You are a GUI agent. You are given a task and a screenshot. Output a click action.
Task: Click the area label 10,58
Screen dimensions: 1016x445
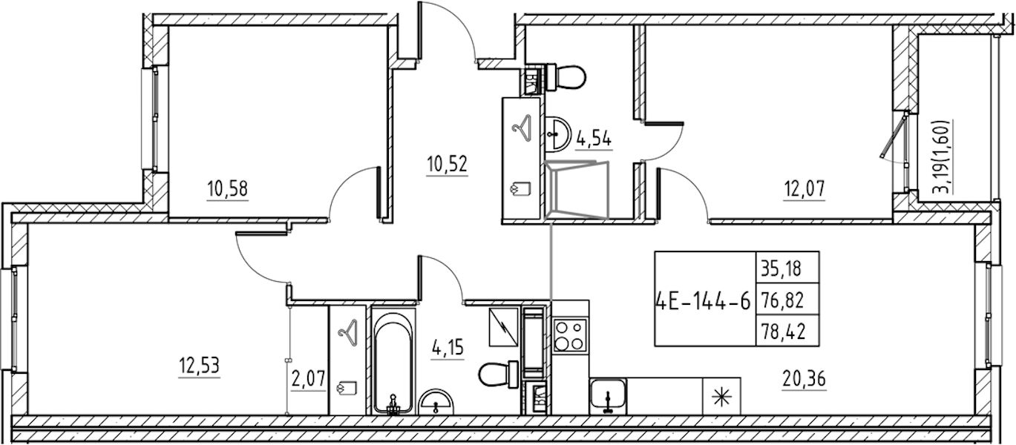(x=228, y=188)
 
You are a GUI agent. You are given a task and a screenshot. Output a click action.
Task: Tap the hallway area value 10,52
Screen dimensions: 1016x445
(x=447, y=164)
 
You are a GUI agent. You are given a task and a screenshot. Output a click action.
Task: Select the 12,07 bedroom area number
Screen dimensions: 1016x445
(x=804, y=188)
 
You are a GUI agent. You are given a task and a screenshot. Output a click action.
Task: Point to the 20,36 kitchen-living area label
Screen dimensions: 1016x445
(x=804, y=379)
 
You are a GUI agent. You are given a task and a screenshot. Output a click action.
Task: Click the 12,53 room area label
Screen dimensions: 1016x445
(x=199, y=366)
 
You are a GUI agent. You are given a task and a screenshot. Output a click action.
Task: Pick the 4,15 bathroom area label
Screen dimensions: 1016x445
(x=448, y=348)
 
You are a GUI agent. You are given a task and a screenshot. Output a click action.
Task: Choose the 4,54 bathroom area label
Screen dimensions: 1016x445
(x=594, y=138)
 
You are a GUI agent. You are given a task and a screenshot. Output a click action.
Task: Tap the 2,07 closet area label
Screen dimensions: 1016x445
(x=309, y=379)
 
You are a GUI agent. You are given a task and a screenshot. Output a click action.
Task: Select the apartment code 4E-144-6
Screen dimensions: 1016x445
(x=704, y=300)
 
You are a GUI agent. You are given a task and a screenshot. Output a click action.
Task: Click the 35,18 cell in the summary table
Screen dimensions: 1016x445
(x=787, y=268)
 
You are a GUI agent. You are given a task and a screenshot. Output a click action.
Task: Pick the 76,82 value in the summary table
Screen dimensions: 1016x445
(x=787, y=300)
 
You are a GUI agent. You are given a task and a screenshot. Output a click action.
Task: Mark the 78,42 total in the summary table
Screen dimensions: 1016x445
(x=787, y=332)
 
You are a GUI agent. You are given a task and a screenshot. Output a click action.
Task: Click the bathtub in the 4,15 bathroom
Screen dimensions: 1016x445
(x=393, y=361)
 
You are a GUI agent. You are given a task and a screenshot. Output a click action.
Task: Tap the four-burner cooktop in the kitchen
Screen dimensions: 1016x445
(x=570, y=335)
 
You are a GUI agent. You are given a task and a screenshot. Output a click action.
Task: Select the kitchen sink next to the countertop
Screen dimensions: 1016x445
(x=608, y=396)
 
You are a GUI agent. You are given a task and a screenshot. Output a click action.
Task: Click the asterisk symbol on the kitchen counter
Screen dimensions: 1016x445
(x=721, y=398)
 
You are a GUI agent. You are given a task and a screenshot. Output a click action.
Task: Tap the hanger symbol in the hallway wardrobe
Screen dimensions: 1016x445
(x=522, y=129)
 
